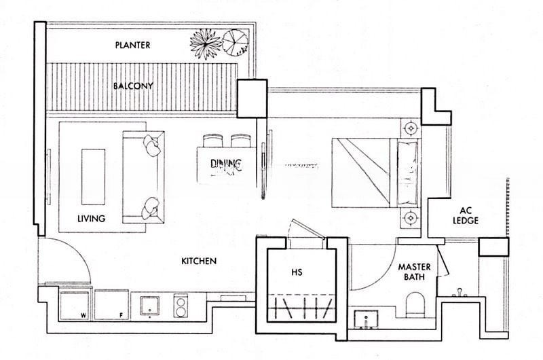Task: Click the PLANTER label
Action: [x=132, y=46]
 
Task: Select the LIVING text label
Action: [x=91, y=219]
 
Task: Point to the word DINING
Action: [x=225, y=164]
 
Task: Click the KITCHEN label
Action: [x=199, y=261]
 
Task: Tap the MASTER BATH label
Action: [x=415, y=273]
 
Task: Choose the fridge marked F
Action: [x=111, y=304]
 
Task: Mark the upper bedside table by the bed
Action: [x=410, y=127]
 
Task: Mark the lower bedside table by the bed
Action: [x=410, y=218]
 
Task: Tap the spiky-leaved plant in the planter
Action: [x=206, y=43]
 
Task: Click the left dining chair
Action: [x=212, y=141]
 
